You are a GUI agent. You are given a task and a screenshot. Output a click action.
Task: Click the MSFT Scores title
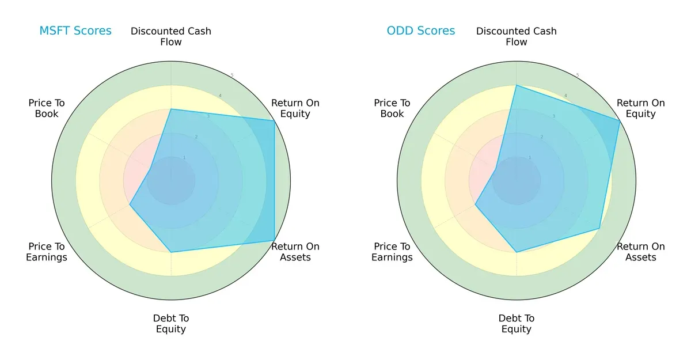75,31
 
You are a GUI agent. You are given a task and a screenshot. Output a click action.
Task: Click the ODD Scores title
420,31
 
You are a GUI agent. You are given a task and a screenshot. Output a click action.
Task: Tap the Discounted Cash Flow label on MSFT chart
171,36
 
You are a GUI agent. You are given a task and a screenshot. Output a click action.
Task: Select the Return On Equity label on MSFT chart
295,108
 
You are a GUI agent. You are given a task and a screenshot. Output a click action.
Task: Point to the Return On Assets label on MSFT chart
295,252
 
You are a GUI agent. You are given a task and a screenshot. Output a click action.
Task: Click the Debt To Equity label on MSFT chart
171,324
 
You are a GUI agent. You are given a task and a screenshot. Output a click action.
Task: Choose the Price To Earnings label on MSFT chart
47,252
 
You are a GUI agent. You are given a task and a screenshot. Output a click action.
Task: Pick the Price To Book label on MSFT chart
47,108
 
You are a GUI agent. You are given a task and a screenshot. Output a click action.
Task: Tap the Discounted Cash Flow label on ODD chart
517,36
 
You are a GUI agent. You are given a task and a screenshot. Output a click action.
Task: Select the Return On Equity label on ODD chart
640,108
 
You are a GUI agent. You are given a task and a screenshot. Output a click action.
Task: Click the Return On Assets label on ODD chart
640,252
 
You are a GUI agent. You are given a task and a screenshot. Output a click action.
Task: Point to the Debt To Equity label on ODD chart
517,324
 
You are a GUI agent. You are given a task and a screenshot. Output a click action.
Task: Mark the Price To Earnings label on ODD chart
392,252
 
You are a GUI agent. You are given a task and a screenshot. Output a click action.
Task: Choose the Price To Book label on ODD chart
392,108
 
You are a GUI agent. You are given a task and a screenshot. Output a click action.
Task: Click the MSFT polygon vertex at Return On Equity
274,120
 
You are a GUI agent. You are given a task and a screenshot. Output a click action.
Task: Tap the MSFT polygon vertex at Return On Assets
274,241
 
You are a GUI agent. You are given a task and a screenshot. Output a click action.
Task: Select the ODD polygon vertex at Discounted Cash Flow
517,85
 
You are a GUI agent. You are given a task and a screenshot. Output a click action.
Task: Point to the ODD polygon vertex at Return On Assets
599,229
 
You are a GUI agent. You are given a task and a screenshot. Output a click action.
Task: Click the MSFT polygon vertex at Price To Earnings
130,204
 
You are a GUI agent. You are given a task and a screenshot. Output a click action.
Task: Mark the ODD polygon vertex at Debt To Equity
517,252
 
